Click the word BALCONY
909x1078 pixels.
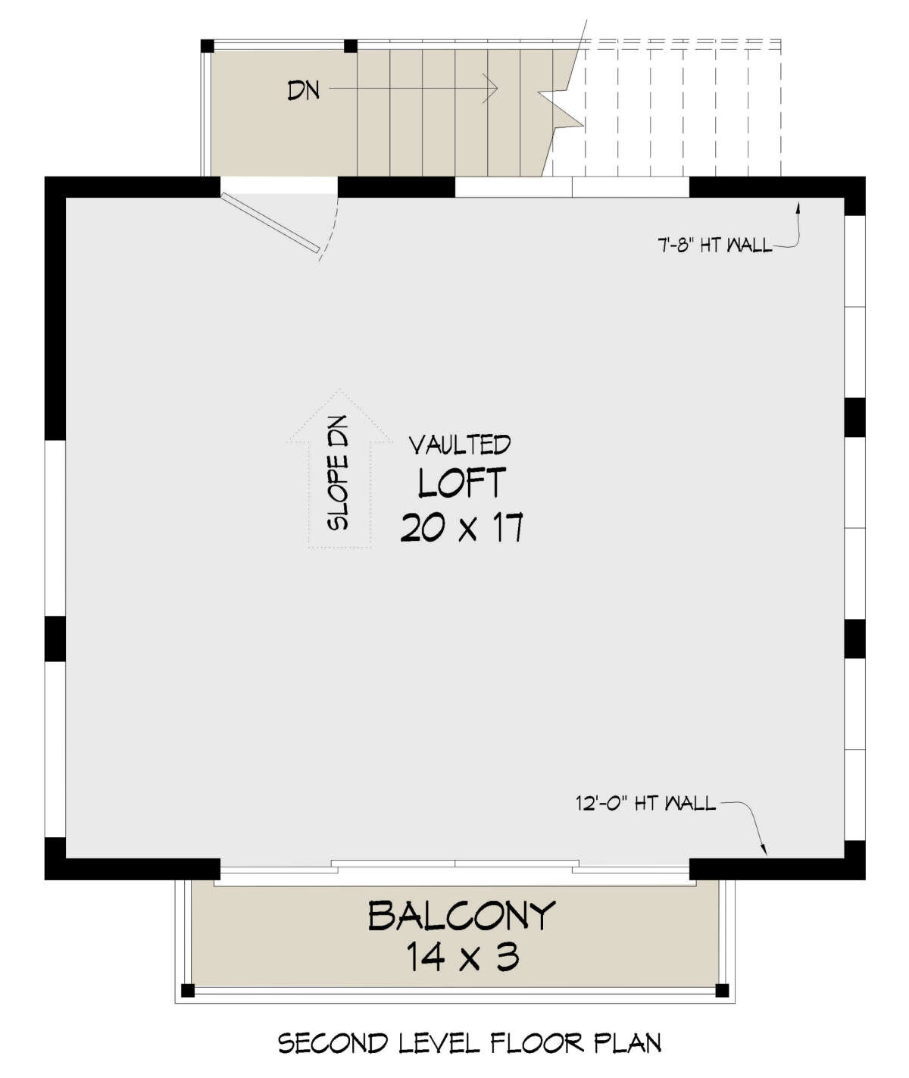[462, 916]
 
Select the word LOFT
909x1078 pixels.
[461, 483]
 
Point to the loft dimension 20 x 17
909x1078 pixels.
[461, 527]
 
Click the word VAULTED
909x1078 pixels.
[460, 445]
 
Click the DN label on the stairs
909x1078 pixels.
[303, 90]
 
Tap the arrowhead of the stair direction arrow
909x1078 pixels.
[492, 89]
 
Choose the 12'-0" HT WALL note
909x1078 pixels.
[645, 804]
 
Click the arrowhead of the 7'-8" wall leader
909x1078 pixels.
[798, 205]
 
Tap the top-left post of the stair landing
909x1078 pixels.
[208, 46]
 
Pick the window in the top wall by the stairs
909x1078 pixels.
[572, 186]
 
